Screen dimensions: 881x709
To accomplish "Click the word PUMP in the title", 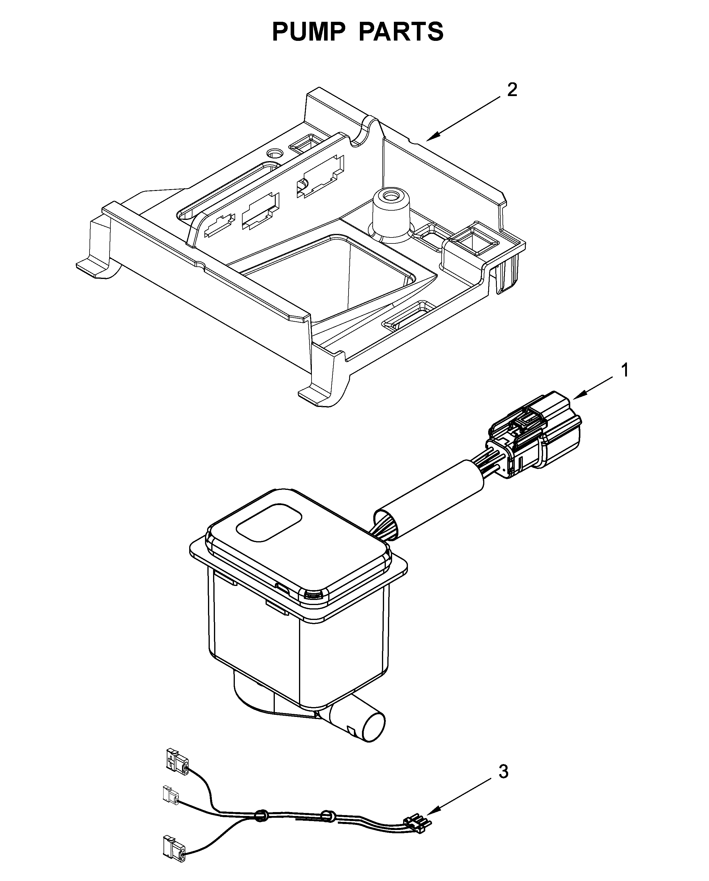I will click(x=309, y=32).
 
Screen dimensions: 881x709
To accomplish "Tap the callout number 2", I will click(x=512, y=90).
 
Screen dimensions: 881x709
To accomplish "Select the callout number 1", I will click(x=625, y=371).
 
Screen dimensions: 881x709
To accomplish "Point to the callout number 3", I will click(x=503, y=772).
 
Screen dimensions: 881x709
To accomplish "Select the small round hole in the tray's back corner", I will click(x=274, y=153).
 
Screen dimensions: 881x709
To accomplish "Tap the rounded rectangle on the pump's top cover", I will click(x=269, y=525).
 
